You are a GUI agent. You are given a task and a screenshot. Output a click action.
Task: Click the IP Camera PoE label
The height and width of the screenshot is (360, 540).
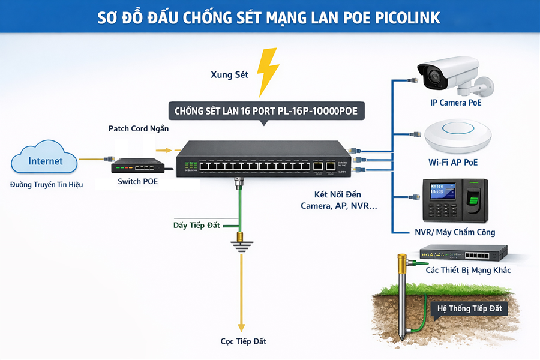click(x=456, y=103)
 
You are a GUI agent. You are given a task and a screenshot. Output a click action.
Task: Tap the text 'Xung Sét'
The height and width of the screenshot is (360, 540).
click(x=229, y=75)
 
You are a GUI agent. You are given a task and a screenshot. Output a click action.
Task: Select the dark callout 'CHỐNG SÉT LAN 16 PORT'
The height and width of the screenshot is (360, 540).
click(x=265, y=111)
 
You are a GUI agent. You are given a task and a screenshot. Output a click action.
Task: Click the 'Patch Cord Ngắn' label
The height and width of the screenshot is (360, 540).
click(x=139, y=128)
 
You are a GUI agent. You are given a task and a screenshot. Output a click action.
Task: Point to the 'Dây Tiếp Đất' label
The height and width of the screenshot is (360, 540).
click(x=196, y=225)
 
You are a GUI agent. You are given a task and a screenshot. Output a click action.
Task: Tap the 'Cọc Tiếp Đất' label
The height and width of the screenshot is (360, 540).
click(x=242, y=341)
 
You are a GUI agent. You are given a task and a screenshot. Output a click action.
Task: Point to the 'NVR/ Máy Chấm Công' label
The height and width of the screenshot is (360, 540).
click(x=455, y=232)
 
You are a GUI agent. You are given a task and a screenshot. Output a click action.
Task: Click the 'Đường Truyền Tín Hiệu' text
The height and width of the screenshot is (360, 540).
click(x=46, y=185)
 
